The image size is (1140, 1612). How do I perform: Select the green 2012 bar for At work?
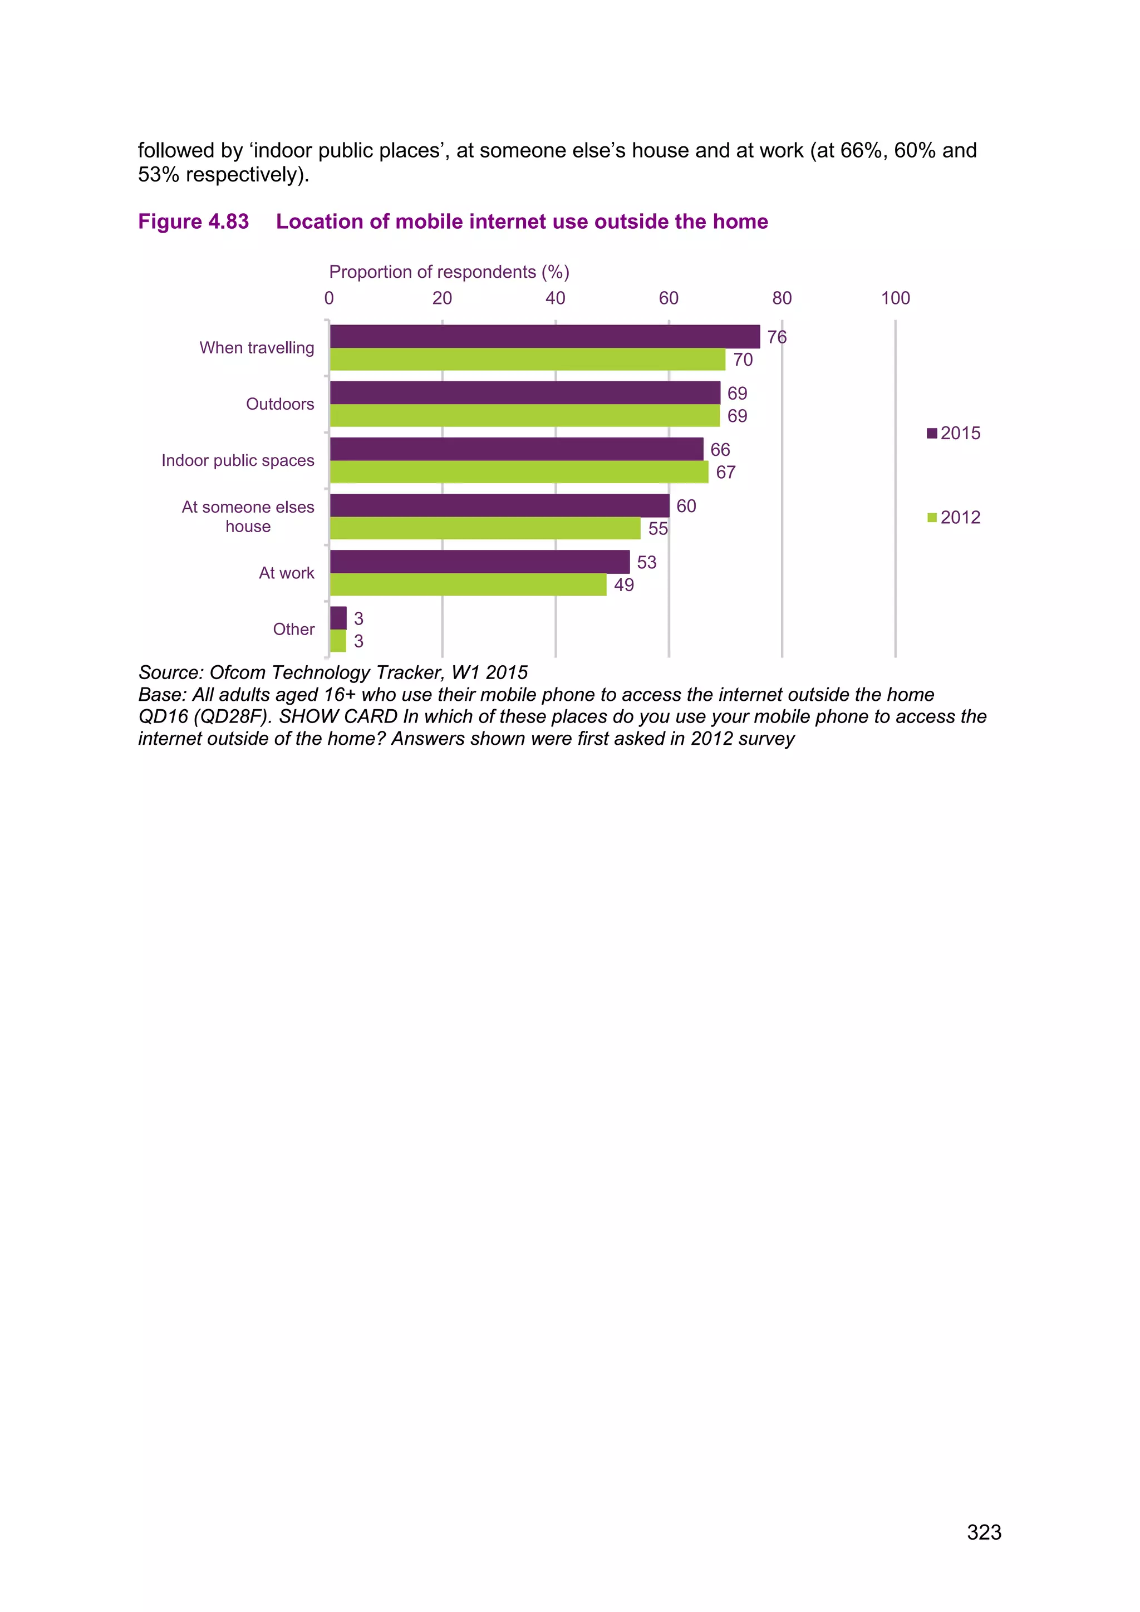468,585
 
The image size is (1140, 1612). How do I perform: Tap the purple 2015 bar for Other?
338,618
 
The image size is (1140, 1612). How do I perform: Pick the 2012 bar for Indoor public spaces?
519,472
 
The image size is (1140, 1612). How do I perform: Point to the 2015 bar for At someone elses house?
499,505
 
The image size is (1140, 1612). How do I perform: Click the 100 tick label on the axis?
895,298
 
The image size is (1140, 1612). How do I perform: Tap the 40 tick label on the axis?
556,298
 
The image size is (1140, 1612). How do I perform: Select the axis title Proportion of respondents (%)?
449,272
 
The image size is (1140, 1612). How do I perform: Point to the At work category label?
287,573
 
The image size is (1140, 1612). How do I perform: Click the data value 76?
777,337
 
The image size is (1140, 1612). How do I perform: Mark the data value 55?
658,529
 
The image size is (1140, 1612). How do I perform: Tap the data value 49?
623,585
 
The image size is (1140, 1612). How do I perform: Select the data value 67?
725,473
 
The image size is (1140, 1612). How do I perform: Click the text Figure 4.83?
193,222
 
